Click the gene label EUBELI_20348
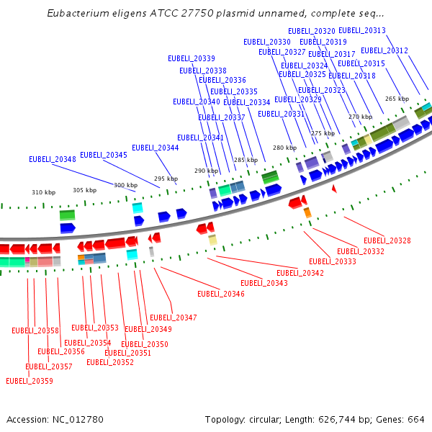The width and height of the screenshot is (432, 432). pyautogui.click(x=53, y=159)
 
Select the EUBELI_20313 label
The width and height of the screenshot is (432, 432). pyautogui.click(x=362, y=30)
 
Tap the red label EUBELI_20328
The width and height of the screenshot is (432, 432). pyautogui.click(x=387, y=240)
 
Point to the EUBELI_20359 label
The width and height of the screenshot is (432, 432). pyautogui.click(x=30, y=381)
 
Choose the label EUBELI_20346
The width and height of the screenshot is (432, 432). pyautogui.click(x=221, y=294)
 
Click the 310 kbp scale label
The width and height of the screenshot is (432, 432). pyautogui.click(x=43, y=192)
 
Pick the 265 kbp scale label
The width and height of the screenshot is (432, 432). pyautogui.click(x=397, y=99)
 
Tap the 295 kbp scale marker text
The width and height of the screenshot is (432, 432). pyautogui.click(x=166, y=179)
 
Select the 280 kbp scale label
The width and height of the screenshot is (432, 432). pyautogui.click(x=284, y=148)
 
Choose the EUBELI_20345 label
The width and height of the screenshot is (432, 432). pyautogui.click(x=104, y=155)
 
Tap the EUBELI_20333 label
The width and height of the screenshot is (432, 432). pyautogui.click(x=333, y=261)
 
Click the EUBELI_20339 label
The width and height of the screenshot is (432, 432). pyautogui.click(x=192, y=58)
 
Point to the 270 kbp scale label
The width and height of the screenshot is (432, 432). pyautogui.click(x=361, y=117)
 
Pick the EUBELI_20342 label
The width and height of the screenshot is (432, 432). pyautogui.click(x=300, y=273)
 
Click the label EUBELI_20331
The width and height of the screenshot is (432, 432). pyautogui.click(x=282, y=114)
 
